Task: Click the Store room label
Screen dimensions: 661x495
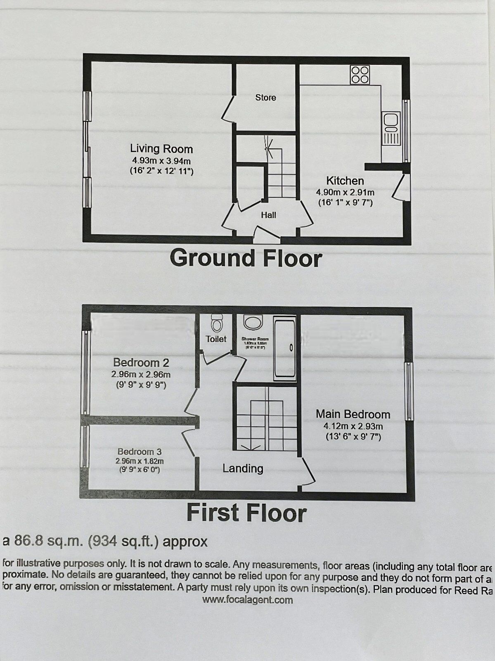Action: coord(265,97)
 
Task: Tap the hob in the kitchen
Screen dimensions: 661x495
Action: coord(360,75)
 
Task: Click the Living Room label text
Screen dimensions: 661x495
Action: coord(161,149)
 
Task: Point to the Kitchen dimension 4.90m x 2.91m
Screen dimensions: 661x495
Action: coord(345,192)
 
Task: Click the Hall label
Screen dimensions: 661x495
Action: coord(268,215)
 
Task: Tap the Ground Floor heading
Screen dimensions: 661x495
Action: coord(246,258)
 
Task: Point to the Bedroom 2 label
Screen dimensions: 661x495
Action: coord(141,363)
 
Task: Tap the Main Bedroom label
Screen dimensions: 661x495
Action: coord(353,414)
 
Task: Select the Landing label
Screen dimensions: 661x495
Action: coord(243,468)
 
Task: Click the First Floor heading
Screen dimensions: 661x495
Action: coord(246,513)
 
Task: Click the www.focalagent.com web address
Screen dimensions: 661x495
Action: coord(247,600)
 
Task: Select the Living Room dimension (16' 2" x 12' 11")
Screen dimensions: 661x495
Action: coord(161,171)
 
